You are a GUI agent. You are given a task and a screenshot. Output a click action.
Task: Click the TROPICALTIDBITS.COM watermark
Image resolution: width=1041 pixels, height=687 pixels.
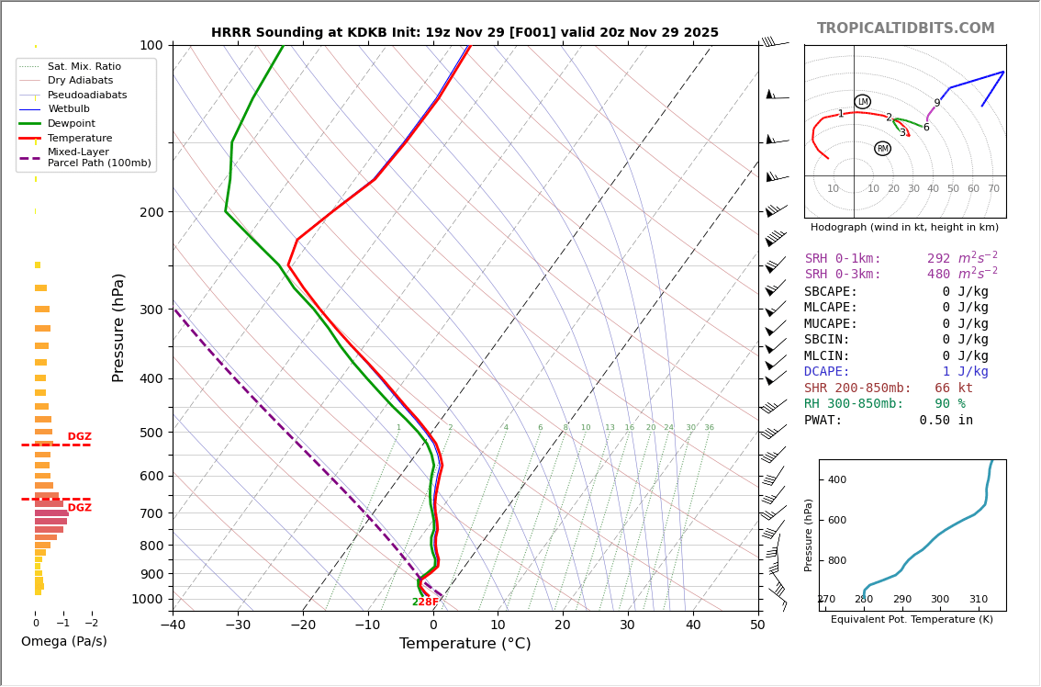coord(905,28)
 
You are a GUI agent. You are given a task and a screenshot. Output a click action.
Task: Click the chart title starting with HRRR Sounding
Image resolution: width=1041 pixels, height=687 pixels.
coord(465,32)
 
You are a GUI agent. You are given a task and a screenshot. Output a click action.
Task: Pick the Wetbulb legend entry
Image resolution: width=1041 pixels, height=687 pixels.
coord(68,108)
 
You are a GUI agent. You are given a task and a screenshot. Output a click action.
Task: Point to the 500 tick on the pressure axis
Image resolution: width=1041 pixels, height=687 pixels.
coord(150,433)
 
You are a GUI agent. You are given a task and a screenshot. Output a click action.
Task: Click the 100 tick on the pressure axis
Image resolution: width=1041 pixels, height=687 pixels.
coord(150,45)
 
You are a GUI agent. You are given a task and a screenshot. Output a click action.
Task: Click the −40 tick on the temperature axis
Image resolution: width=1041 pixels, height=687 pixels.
coord(173,625)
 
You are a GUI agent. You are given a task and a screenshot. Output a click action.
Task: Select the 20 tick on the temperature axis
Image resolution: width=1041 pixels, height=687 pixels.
coord(563,625)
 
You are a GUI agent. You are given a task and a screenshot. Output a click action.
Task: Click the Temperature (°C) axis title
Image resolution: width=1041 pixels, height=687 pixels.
coord(465,644)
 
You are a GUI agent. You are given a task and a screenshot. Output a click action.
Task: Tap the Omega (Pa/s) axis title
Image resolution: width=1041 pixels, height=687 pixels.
coord(63,641)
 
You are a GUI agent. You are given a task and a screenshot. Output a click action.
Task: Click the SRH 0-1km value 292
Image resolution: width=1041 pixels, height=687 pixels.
coord(938,259)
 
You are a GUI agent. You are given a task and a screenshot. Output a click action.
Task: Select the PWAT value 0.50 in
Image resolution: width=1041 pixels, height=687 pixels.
coord(946,421)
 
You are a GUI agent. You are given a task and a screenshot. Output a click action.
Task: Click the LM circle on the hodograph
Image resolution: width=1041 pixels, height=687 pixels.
coord(862,102)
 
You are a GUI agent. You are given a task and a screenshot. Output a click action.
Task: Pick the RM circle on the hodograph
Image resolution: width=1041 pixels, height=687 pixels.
coord(882,149)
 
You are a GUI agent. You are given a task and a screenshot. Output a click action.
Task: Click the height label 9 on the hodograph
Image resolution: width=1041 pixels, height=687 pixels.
coord(936,104)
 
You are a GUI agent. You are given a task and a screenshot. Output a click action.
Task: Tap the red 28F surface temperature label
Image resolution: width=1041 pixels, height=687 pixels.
coord(429,603)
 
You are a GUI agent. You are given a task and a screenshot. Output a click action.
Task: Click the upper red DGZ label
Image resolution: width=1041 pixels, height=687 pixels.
coord(80,437)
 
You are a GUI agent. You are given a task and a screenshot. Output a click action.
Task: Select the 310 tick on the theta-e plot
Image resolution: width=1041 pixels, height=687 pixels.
coord(978,600)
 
